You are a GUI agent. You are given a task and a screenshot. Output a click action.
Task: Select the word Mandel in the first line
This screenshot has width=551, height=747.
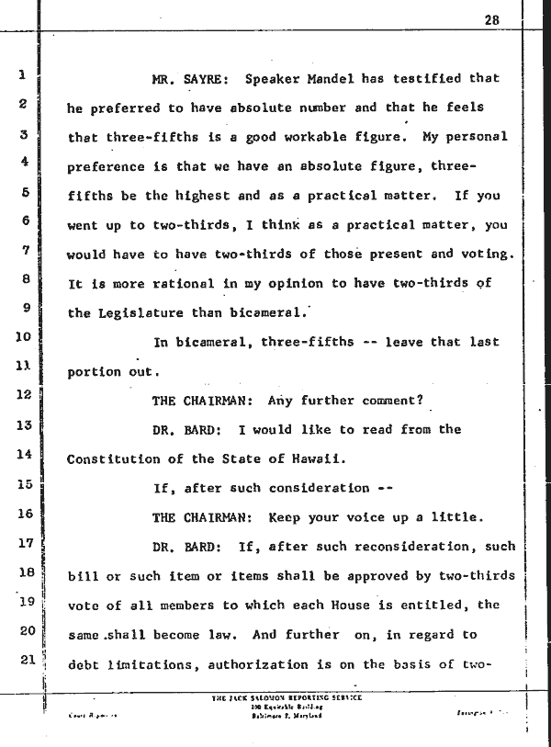(335, 79)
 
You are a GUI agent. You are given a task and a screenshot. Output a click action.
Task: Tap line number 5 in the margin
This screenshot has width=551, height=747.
(25, 192)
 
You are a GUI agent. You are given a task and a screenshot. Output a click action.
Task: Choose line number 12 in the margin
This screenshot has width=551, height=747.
(25, 395)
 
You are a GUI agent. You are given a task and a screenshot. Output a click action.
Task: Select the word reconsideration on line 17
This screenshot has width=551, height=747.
(399, 547)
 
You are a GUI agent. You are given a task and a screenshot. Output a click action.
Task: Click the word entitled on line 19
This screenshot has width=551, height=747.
(465, 605)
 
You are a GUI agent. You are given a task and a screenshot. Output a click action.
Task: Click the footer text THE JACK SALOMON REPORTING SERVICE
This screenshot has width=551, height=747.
(287, 698)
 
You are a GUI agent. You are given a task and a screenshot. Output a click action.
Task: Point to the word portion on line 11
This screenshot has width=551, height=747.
(95, 372)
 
